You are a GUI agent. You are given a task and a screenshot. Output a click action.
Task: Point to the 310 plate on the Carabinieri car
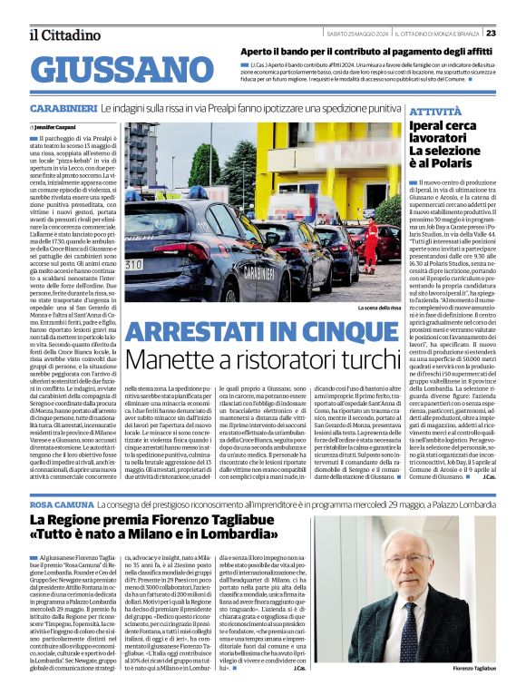133,264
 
